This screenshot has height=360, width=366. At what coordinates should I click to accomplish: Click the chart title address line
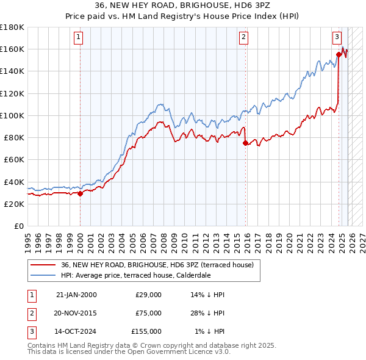[183, 5]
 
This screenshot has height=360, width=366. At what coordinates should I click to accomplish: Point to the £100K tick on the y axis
[12, 115]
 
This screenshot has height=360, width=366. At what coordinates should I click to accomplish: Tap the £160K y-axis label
[12, 49]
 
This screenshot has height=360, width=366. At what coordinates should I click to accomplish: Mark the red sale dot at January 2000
[80, 194]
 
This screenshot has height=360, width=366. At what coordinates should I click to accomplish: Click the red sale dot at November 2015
[245, 143]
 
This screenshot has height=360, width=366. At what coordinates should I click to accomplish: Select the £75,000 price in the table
[146, 312]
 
